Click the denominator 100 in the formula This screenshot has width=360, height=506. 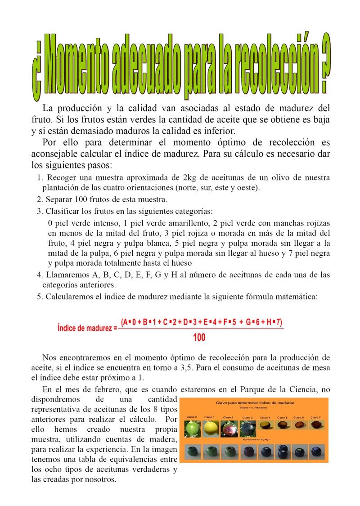(199, 337)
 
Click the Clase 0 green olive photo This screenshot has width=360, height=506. (192, 429)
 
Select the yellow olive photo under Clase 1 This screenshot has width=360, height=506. (210, 429)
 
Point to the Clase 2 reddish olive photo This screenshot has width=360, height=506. (229, 429)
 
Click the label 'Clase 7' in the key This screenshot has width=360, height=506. (315, 417)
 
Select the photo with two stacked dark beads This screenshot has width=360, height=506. (282, 452)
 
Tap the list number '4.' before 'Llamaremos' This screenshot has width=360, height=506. (40, 275)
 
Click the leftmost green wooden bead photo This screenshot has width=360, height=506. (192, 452)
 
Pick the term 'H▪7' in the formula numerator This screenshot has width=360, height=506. (272, 322)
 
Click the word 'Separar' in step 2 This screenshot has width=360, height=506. (58, 199)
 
